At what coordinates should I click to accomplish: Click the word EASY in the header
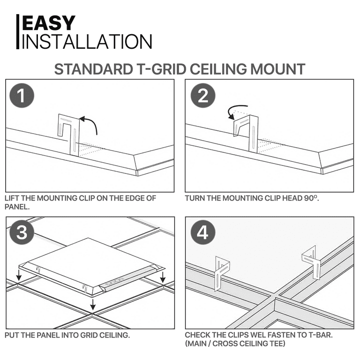pyautogui.click(x=49, y=23)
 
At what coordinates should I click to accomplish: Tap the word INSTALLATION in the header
pyautogui.click(x=87, y=41)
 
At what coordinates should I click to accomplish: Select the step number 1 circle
pyautogui.click(x=22, y=96)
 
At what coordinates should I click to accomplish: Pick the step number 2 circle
pyautogui.click(x=202, y=96)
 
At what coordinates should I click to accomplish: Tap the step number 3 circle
pyautogui.click(x=22, y=233)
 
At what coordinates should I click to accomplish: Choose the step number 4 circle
pyautogui.click(x=202, y=233)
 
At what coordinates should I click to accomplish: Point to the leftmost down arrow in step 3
pyautogui.click(x=17, y=277)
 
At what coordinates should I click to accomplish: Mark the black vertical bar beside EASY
pyautogui.click(x=18, y=31)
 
